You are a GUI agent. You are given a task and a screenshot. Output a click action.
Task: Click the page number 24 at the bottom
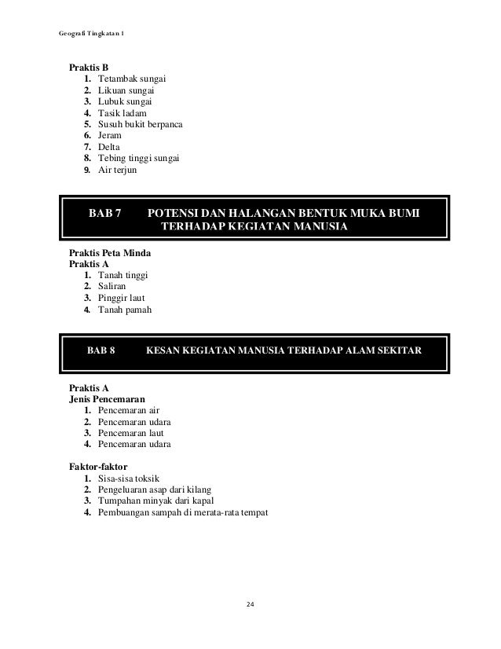pos(251,603)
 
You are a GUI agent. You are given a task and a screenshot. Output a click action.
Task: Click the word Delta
pos(110,148)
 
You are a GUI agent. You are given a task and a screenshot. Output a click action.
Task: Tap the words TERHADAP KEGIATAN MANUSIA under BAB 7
pos(253,228)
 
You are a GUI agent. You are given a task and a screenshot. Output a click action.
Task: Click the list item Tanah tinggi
pos(123,275)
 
